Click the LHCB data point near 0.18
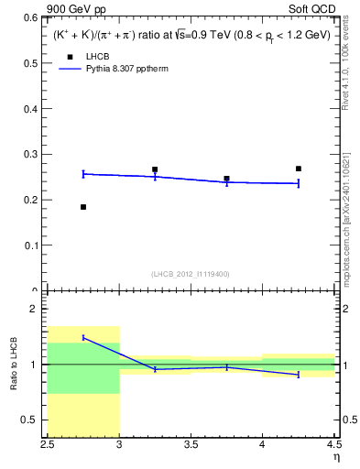(83, 207)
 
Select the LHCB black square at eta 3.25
(155, 169)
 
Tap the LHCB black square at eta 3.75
(226, 179)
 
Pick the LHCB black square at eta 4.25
(299, 169)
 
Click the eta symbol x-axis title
(335, 458)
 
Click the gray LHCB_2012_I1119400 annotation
(191, 274)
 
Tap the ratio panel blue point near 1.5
(83, 338)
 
